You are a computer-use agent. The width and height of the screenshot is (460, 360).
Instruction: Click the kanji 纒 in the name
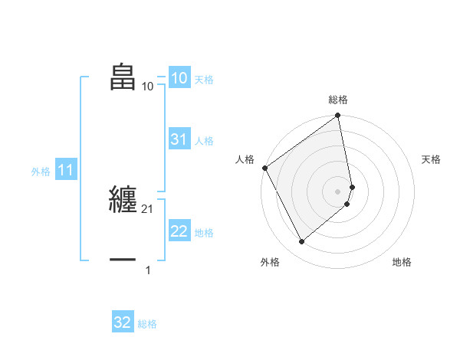(123, 198)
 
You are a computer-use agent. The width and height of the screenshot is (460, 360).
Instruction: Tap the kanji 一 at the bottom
(123, 260)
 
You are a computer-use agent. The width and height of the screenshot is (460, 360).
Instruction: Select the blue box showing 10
(179, 78)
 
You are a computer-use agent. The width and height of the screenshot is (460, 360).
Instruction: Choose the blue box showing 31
(179, 139)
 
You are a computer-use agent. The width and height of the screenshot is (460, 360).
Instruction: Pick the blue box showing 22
(179, 231)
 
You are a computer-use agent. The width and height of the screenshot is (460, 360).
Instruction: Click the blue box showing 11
(65, 171)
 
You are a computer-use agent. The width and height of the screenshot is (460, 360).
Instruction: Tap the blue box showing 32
(123, 322)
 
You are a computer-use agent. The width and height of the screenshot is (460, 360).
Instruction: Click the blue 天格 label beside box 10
(204, 80)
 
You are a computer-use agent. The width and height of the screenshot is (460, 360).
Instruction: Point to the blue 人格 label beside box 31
(204, 141)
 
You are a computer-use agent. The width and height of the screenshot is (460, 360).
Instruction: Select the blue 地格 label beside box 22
(204, 233)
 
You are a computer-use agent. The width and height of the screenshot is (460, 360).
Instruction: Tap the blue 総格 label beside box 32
(147, 324)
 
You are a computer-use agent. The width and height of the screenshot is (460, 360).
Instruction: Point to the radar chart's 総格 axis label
(338, 100)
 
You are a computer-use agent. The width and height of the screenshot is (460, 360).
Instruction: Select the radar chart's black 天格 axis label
(431, 159)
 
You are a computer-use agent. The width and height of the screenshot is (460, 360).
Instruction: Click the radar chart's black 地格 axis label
(402, 262)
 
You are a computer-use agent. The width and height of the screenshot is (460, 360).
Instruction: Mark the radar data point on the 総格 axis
(338, 116)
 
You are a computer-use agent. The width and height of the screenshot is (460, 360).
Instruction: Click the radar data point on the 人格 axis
(264, 168)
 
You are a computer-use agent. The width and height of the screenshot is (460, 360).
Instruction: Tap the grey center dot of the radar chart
(338, 191)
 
